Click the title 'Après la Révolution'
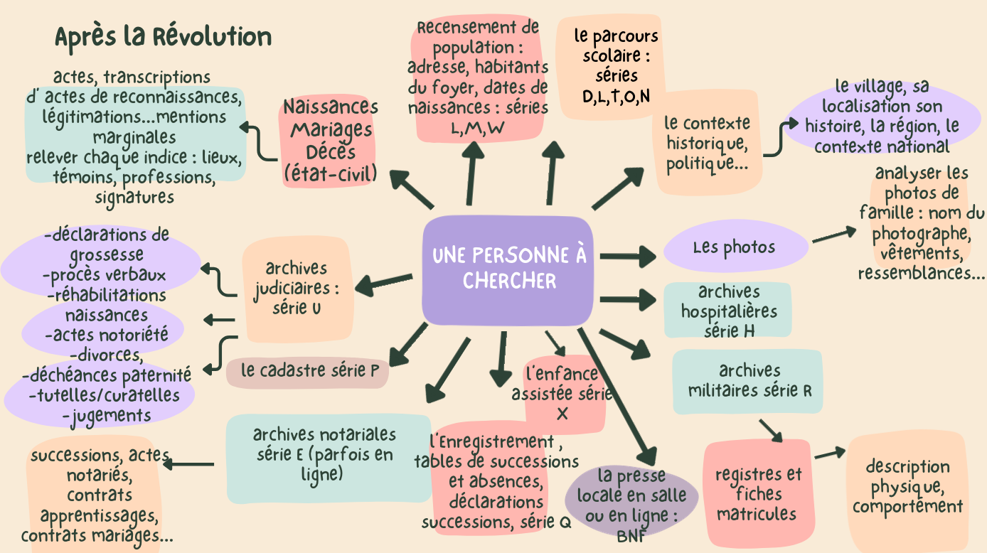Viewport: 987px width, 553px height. point(163,37)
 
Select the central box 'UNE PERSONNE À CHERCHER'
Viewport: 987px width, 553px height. point(508,269)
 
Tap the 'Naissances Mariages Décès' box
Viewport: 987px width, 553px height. point(329,141)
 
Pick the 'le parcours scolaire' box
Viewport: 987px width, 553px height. point(616,65)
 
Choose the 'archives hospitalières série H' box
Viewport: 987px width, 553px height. point(728,311)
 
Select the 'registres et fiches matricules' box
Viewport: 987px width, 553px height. point(757,494)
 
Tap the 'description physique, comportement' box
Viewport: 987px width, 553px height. point(907,488)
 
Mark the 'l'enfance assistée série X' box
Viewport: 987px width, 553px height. point(562,393)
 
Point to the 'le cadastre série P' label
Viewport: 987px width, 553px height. point(309,370)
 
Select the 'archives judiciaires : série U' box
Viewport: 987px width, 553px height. point(297,289)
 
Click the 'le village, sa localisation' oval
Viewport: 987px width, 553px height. point(882,117)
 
